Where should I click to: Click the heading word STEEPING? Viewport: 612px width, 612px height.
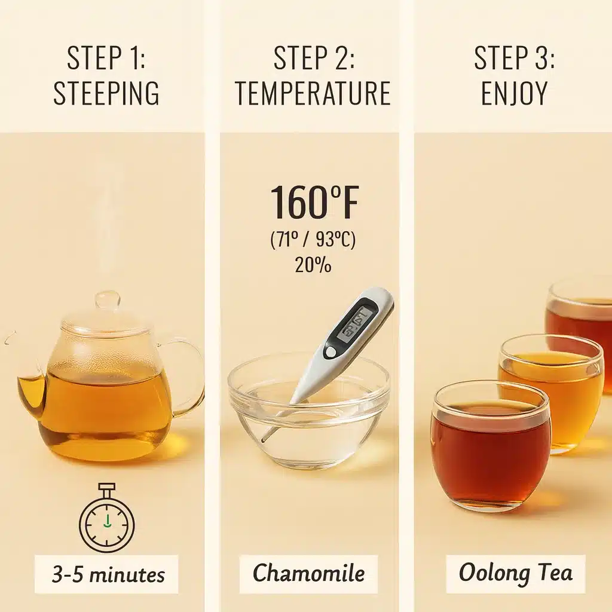[x=106, y=94]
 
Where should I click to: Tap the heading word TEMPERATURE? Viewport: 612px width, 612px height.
[x=313, y=94]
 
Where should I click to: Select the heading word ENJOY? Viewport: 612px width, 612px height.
[x=514, y=94]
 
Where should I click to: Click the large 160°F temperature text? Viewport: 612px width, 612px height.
[x=314, y=203]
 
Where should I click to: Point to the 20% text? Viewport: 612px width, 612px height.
[x=313, y=265]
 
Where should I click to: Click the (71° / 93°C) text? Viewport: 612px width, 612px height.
[x=313, y=240]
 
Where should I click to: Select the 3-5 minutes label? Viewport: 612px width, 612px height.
[x=107, y=574]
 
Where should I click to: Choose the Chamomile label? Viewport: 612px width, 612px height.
[x=308, y=574]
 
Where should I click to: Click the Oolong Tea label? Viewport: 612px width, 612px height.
[x=515, y=574]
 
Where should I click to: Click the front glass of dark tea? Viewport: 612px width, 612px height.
[x=490, y=448]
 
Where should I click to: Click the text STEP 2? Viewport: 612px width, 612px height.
[x=313, y=59]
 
